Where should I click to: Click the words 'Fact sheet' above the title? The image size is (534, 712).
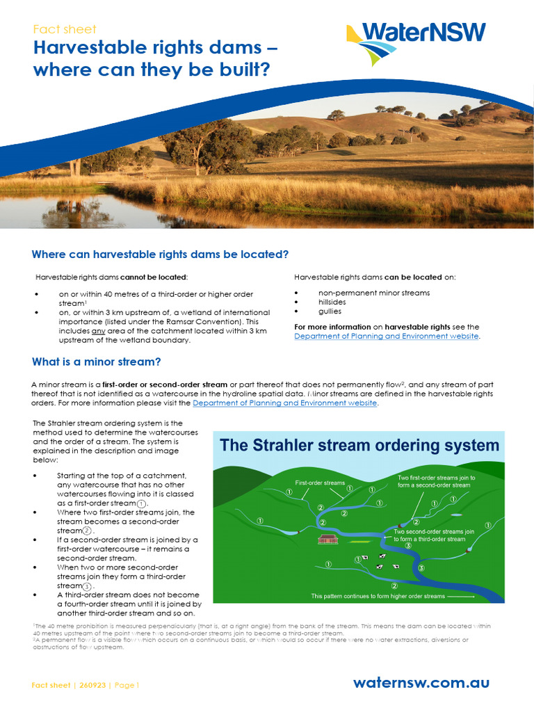[65, 29]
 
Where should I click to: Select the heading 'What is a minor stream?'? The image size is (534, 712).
[97, 362]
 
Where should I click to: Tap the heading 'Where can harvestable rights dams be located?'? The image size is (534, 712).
[160, 254]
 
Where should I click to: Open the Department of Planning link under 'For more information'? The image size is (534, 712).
[387, 336]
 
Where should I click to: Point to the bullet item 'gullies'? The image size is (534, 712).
[330, 311]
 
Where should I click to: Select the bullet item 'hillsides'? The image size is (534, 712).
[332, 302]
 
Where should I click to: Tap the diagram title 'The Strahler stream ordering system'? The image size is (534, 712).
[359, 445]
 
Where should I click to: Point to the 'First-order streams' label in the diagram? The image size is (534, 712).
[320, 483]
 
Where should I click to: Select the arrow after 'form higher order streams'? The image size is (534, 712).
[460, 596]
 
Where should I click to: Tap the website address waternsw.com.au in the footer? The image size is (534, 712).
[421, 682]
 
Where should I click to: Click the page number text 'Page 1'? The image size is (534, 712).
[127, 685]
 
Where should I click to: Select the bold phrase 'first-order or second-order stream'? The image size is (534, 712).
[165, 385]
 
